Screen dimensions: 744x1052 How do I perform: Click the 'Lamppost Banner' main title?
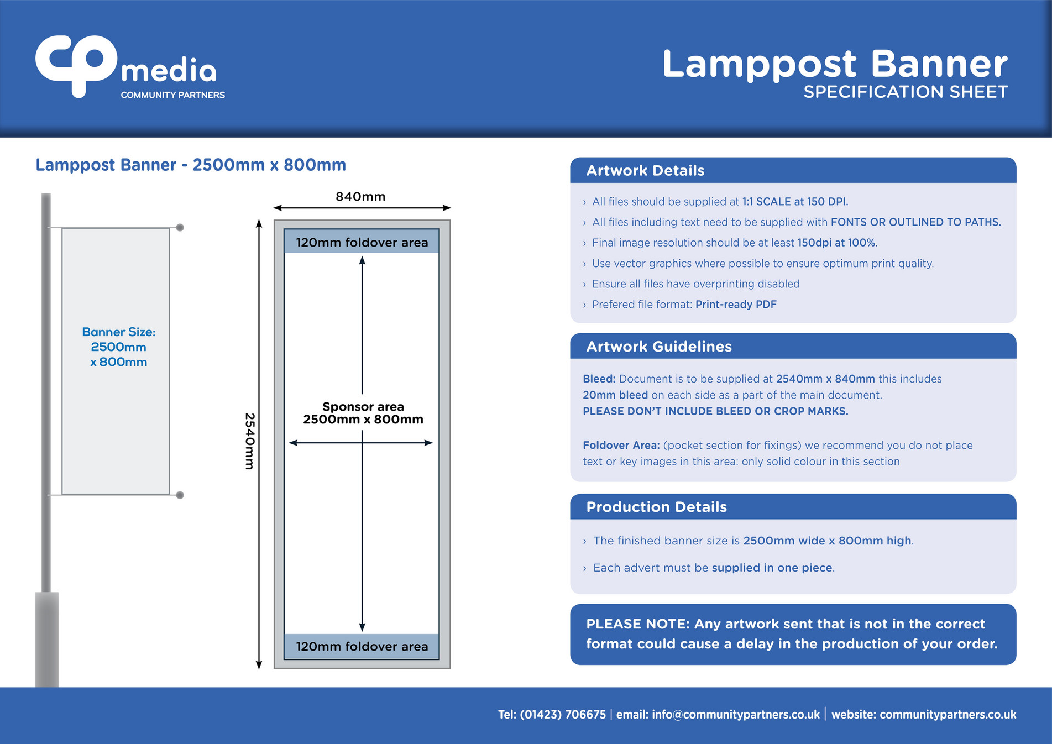point(834,64)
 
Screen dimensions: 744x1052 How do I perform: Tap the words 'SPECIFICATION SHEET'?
point(905,92)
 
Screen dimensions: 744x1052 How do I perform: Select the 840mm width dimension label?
point(360,196)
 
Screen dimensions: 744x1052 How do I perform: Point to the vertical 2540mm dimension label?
point(250,441)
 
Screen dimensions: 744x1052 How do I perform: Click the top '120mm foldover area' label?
point(362,242)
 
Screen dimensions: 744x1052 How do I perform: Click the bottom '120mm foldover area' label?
point(362,646)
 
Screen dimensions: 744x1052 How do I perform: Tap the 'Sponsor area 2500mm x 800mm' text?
point(363,413)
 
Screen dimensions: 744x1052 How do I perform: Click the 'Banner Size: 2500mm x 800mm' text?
point(118,347)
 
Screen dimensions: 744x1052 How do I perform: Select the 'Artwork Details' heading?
point(645,170)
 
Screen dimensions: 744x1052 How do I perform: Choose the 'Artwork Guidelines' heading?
point(658,347)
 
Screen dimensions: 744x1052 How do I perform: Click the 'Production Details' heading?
point(656,507)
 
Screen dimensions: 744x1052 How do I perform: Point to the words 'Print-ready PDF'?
point(735,305)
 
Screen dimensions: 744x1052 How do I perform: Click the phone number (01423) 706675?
point(562,714)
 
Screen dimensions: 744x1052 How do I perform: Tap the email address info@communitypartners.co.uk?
point(735,714)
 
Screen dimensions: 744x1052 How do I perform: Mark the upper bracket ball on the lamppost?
point(180,227)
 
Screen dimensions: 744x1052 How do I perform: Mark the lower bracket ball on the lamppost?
point(180,495)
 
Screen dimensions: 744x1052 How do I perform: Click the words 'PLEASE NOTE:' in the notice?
point(637,624)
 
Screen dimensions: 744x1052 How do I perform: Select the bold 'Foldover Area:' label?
point(621,446)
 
